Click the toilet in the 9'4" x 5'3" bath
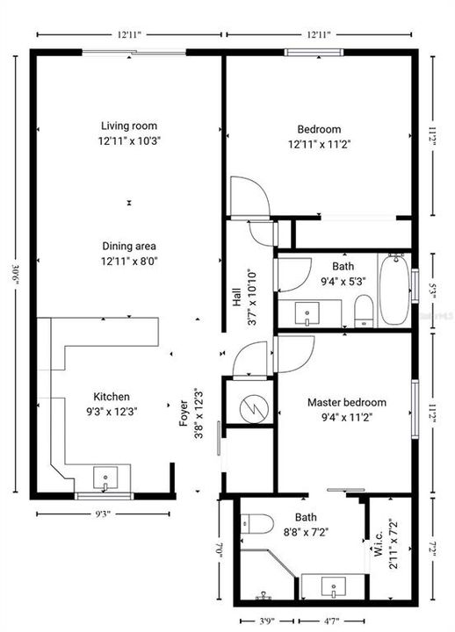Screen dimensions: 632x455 point(364,308)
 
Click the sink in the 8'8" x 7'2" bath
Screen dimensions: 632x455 point(331,586)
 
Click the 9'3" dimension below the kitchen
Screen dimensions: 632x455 point(102,514)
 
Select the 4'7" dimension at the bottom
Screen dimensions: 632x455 point(332,622)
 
